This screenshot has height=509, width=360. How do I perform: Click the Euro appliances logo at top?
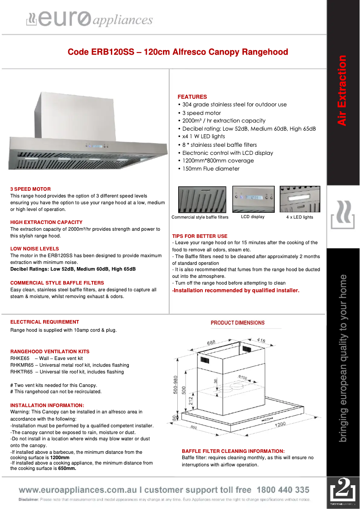click(89, 19)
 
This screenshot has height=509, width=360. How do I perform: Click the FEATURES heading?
click(192, 97)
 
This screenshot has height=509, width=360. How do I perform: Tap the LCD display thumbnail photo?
click(253, 199)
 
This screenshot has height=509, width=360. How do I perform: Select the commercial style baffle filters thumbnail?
click(200, 199)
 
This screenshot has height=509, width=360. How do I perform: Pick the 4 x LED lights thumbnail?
click(300, 199)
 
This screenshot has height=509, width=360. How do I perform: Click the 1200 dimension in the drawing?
click(280, 424)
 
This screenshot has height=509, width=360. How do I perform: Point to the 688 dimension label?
click(211, 342)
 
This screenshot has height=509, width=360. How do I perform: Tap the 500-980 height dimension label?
click(176, 385)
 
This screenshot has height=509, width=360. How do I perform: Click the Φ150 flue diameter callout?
click(243, 377)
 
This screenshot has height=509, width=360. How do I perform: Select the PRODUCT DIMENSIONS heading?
click(237, 323)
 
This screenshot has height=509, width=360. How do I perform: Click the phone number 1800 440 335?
click(283, 490)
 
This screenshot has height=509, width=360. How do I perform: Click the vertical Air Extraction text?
click(342, 90)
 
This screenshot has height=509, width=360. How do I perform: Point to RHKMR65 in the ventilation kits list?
click(22, 365)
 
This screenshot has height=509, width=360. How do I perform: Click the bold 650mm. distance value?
click(67, 469)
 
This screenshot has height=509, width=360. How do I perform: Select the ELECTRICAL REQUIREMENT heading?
click(44, 322)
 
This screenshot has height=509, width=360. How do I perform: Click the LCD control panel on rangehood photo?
click(96, 145)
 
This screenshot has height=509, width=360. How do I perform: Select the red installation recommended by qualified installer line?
click(236, 290)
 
